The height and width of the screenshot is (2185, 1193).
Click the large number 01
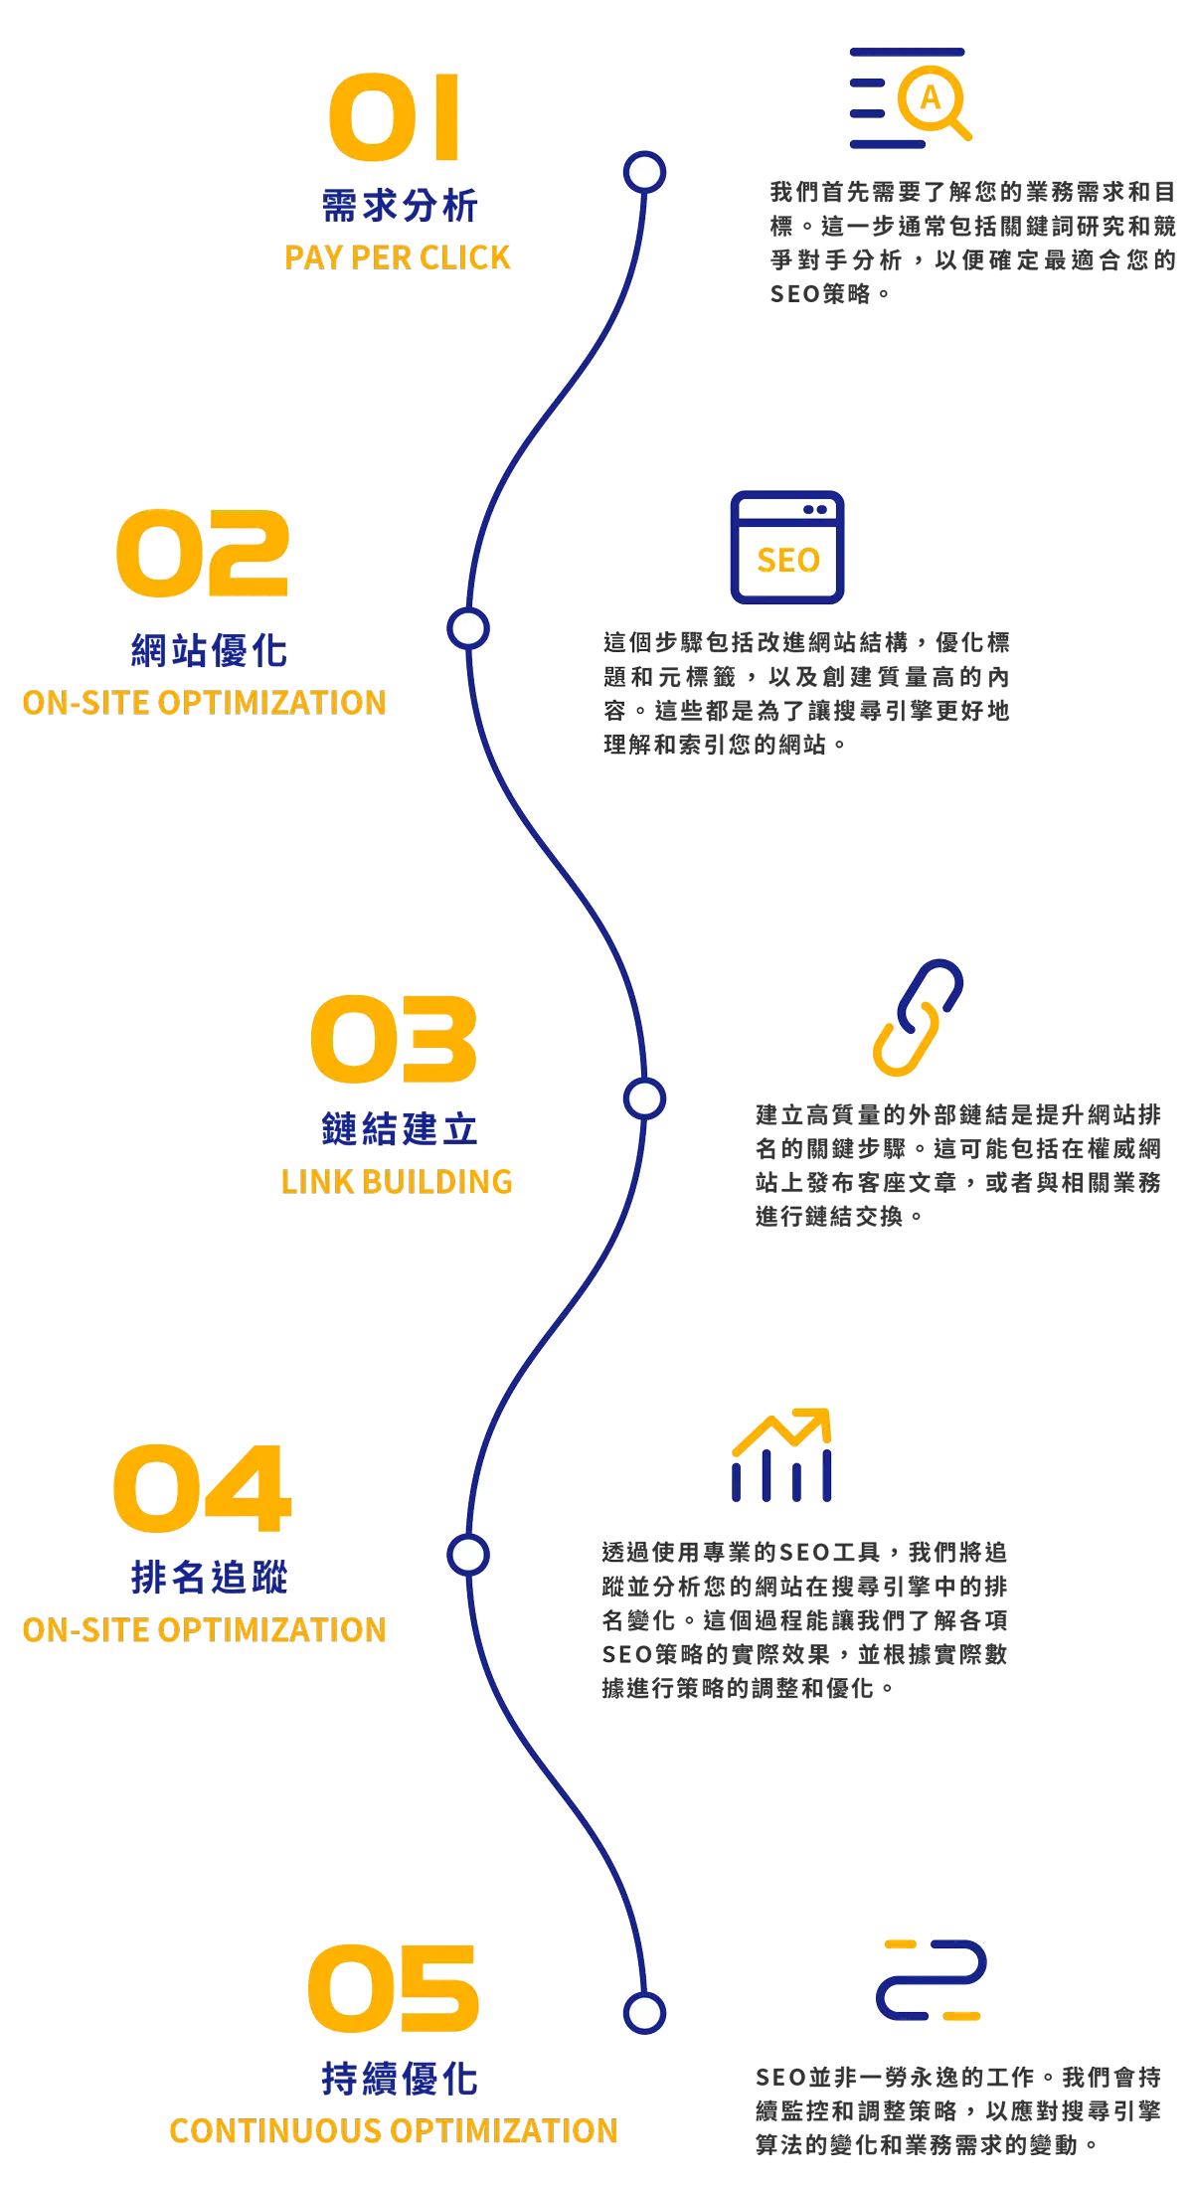(x=395, y=117)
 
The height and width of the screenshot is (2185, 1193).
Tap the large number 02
(x=203, y=553)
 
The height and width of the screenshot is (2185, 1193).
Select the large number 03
(x=394, y=1039)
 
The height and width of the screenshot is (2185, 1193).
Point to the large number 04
(x=202, y=1488)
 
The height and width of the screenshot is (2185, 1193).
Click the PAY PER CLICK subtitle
(x=398, y=257)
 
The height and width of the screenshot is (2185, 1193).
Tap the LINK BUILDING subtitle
(x=397, y=1181)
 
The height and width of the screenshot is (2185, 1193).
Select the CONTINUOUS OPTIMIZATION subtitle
(x=394, y=2130)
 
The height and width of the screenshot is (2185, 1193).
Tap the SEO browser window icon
(x=786, y=547)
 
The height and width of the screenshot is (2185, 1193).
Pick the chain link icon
(x=918, y=1017)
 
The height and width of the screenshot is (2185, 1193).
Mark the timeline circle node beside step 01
(x=644, y=173)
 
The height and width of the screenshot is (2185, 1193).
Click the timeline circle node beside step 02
(x=467, y=629)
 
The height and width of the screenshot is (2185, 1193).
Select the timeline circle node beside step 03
(x=644, y=1098)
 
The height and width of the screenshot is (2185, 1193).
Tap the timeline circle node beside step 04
(x=467, y=1555)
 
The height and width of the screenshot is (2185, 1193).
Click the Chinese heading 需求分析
(x=398, y=206)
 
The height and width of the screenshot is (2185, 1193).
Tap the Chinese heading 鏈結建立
(x=398, y=1129)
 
